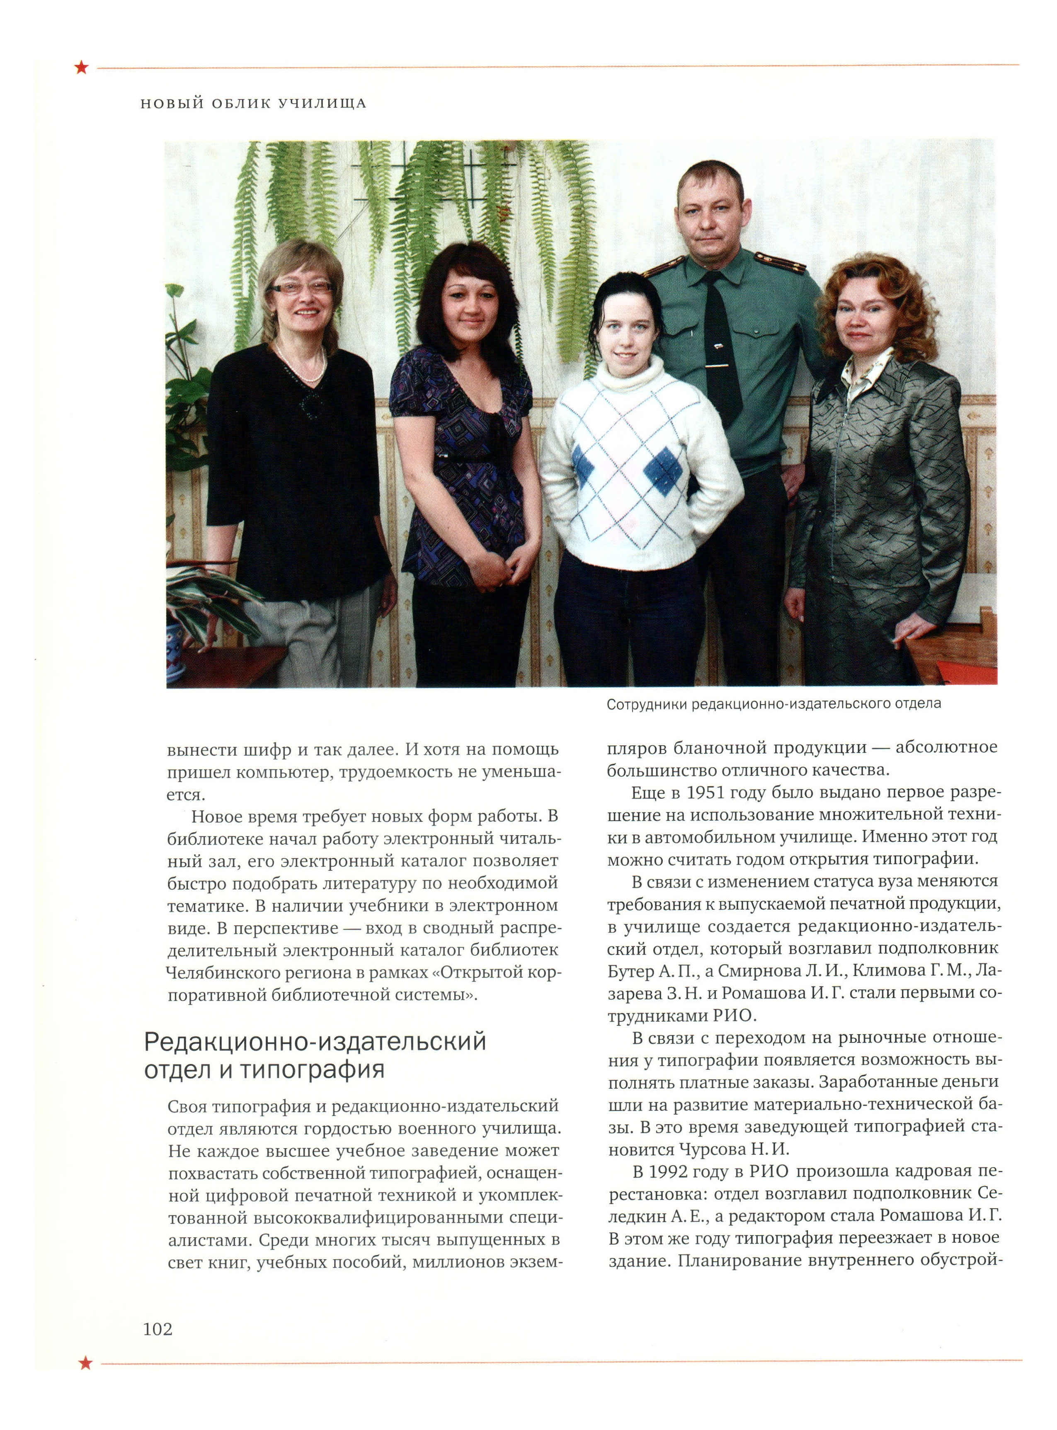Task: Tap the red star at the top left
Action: coord(81,67)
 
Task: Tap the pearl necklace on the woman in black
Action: coord(301,368)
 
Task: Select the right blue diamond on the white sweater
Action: coord(662,471)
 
